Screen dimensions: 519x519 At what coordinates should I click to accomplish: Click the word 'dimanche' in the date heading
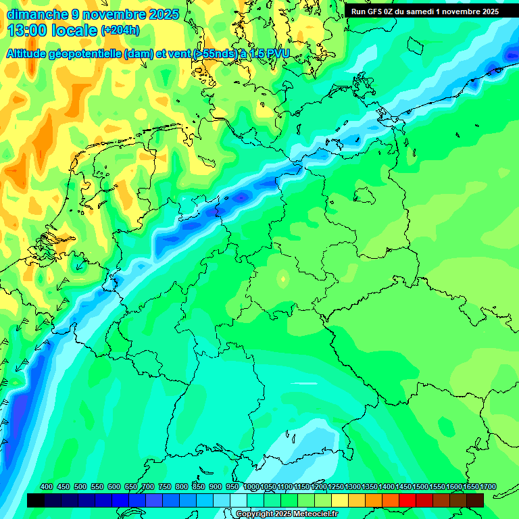[x=36, y=14]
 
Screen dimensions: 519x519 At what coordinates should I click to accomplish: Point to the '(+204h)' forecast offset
[x=120, y=30]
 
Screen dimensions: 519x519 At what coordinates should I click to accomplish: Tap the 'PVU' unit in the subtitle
[x=277, y=53]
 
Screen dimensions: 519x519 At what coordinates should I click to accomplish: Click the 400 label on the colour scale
[x=47, y=487]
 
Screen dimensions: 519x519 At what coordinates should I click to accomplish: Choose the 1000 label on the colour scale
[x=251, y=487]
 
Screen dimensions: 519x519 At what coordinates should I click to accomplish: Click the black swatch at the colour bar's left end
[x=36, y=500]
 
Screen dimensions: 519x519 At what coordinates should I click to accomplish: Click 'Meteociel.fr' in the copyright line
[x=314, y=514]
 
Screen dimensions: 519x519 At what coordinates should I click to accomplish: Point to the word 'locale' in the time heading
[x=75, y=31]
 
